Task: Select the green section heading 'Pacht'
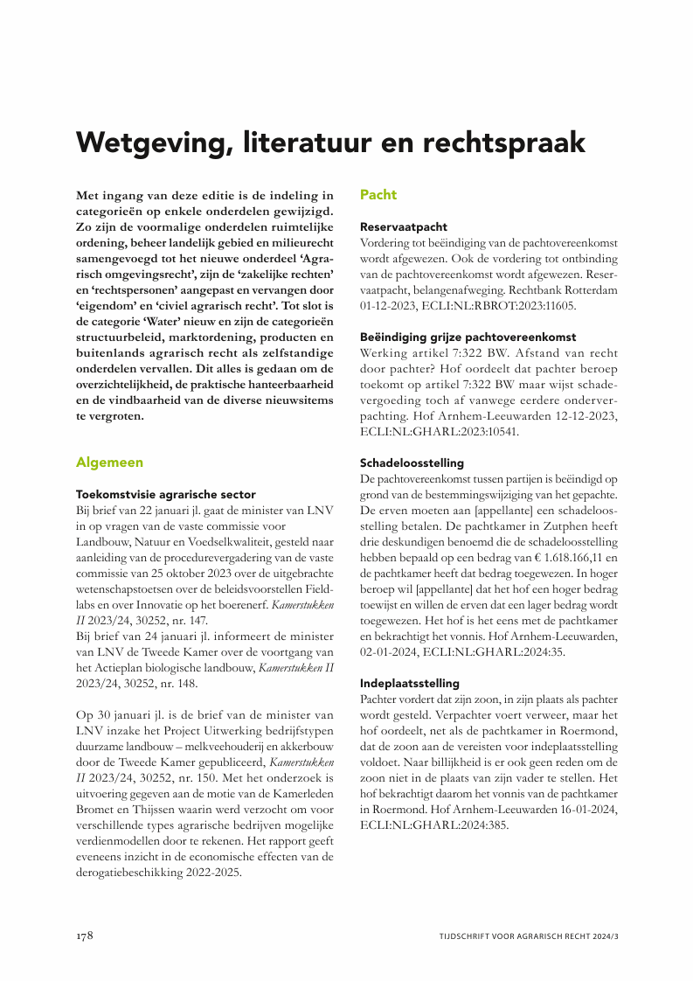pyautogui.click(x=378, y=195)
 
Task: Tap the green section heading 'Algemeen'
pyautogui.click(x=109, y=462)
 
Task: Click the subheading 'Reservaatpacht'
pyautogui.click(x=404, y=226)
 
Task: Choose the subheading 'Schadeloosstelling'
pyautogui.click(x=412, y=463)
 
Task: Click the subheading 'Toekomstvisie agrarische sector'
pyautogui.click(x=166, y=494)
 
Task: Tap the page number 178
pyautogui.click(x=83, y=936)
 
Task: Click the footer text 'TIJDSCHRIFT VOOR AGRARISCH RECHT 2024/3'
pyautogui.click(x=530, y=936)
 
